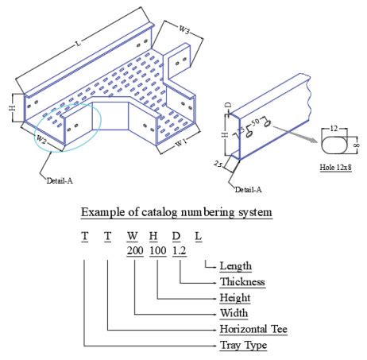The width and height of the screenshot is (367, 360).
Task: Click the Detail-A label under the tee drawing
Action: click(x=60, y=180)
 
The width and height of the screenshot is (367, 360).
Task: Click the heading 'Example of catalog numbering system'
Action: click(x=176, y=211)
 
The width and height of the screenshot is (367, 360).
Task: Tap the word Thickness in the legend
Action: click(x=241, y=281)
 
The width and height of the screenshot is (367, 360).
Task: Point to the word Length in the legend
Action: click(x=235, y=266)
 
